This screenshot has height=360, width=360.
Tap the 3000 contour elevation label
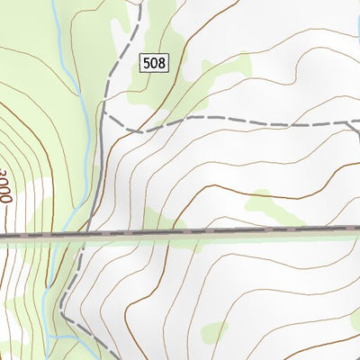point(6,187)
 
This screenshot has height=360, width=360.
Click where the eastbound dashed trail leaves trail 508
point(103,115)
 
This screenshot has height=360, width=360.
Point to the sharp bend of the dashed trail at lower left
point(63,315)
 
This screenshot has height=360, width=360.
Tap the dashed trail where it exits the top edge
point(141,3)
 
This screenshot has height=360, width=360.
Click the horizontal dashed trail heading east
point(243,120)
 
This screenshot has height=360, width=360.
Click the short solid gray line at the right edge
point(357,135)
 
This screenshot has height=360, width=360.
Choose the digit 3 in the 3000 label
point(6,171)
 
